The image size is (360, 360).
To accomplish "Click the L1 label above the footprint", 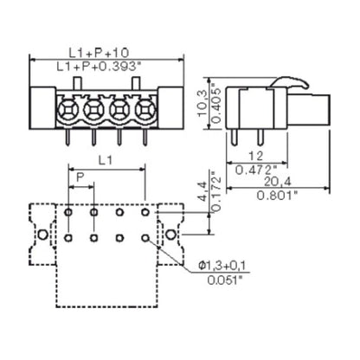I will pos(106,161).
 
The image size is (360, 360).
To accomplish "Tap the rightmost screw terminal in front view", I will pos(142,110).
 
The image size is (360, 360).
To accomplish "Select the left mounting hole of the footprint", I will pos(40,235).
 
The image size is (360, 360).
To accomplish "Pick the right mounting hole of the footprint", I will pos(171,235).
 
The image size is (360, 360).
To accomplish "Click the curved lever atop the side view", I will pos(291,85).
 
